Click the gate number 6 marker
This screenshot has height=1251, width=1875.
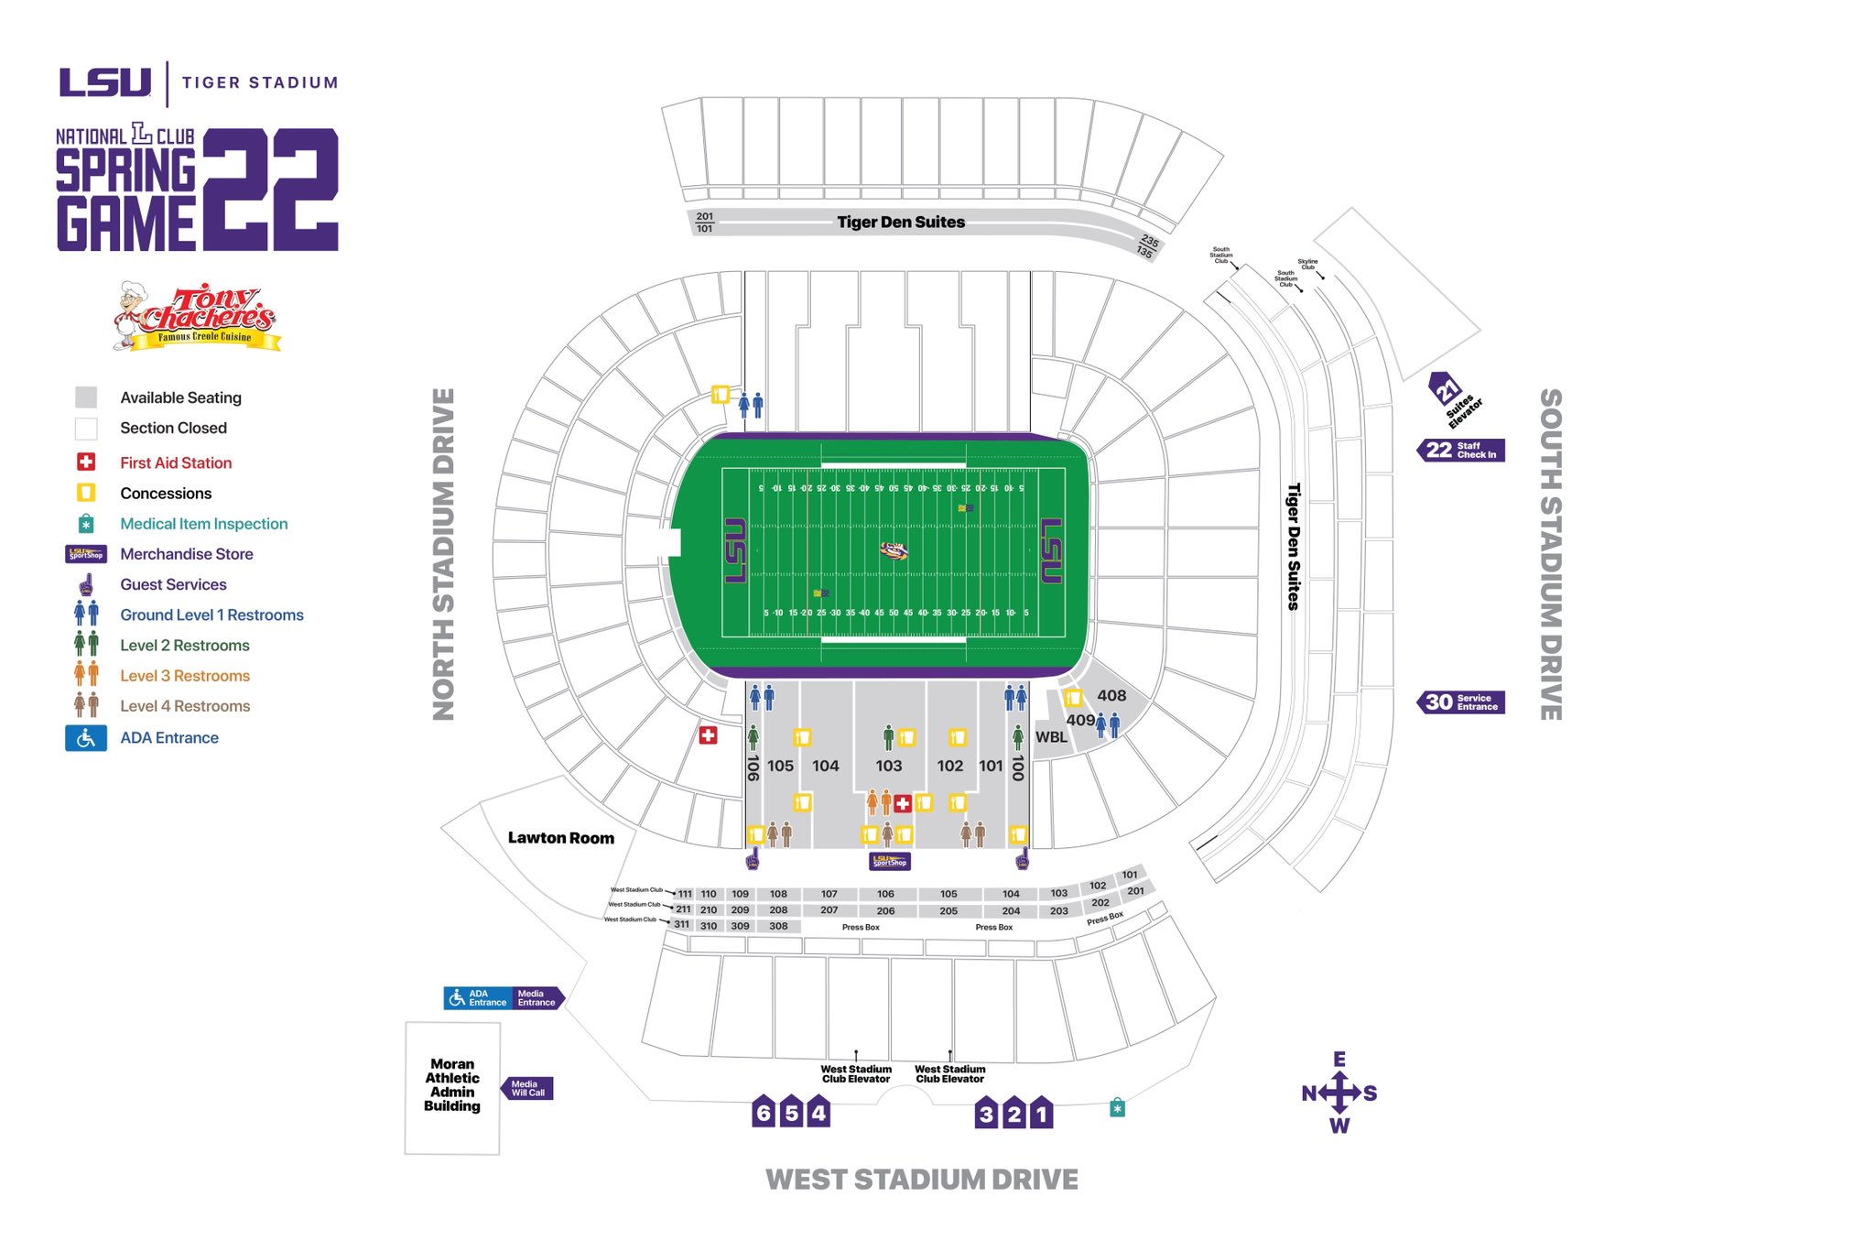[x=763, y=1113]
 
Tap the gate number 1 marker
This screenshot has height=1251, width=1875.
[x=1041, y=1114]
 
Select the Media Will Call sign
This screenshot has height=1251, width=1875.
[x=527, y=1088]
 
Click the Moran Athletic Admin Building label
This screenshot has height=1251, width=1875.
[x=452, y=1085]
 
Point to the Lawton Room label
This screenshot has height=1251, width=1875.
[x=561, y=838]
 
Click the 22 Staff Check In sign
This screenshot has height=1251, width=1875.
[x=1462, y=450]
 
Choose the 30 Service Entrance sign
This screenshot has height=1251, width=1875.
[x=1462, y=702]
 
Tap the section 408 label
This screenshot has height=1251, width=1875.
[x=1111, y=695]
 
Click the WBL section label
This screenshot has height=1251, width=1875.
[x=1051, y=737]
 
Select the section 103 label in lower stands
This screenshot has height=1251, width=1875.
[x=888, y=766]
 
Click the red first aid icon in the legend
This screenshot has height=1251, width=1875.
[x=86, y=462]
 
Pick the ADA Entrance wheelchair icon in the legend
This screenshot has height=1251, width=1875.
[x=86, y=738]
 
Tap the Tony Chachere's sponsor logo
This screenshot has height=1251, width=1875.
[x=197, y=317]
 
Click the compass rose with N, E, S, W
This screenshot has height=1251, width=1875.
[x=1339, y=1093]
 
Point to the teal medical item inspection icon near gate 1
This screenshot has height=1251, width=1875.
[x=1117, y=1108]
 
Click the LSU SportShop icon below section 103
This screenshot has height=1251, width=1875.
[x=890, y=862]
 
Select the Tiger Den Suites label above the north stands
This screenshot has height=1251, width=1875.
[x=901, y=222]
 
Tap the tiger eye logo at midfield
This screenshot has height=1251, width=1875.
[x=894, y=550]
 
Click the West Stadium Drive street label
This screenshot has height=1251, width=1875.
[x=921, y=1180]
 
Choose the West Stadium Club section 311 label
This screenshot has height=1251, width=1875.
[x=681, y=925]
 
